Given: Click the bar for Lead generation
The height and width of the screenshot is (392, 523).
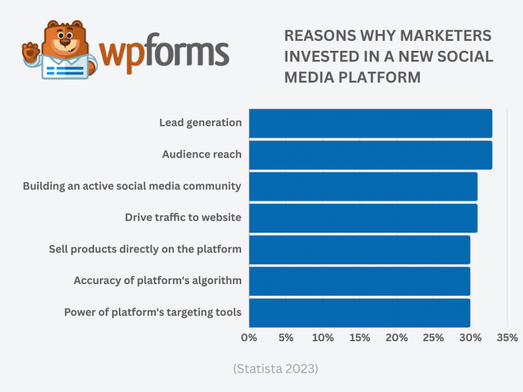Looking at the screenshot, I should pyautogui.click(x=370, y=123).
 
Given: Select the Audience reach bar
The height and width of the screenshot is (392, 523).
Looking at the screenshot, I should pyautogui.click(x=370, y=155).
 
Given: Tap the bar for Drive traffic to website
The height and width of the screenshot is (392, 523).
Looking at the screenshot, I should pyautogui.click(x=363, y=218).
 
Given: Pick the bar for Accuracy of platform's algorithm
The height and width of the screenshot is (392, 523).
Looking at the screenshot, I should pyautogui.click(x=360, y=281).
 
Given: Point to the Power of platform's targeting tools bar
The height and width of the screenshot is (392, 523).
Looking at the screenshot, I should pyautogui.click(x=360, y=313).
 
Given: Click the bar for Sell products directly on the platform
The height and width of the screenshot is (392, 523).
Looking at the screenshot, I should pyautogui.click(x=360, y=250).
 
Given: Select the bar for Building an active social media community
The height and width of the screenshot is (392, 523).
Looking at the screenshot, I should pyautogui.click(x=363, y=186).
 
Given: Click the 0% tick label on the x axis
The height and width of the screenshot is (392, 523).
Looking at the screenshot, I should pyautogui.click(x=249, y=338).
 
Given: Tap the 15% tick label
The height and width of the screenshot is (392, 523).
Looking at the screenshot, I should pyautogui.click(x=360, y=338).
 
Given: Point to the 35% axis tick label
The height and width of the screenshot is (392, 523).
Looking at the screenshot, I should pyautogui.click(x=507, y=338).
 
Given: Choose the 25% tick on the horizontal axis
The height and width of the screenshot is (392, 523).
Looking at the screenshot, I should pyautogui.click(x=433, y=338).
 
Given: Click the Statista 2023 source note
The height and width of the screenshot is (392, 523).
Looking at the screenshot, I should pyautogui.click(x=275, y=369).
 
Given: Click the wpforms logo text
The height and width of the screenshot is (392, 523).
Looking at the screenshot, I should pyautogui.click(x=163, y=54).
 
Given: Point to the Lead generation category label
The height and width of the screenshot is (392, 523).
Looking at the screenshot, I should pyautogui.click(x=200, y=123).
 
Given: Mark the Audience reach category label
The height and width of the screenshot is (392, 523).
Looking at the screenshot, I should pyautogui.click(x=202, y=155).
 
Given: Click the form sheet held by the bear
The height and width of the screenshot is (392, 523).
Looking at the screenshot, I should pyautogui.click(x=63, y=68).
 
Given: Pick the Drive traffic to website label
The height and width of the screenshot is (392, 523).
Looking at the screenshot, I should pyautogui.click(x=183, y=218).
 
